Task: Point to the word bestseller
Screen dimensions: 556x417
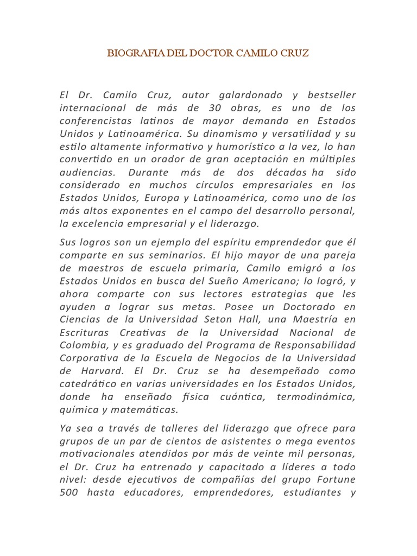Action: [324, 96]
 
